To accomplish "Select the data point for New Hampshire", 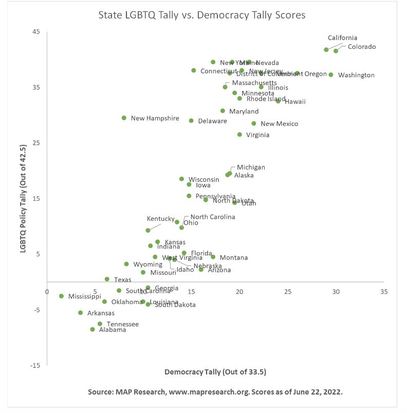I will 124,118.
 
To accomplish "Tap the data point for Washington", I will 331,74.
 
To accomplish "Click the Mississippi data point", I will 61,296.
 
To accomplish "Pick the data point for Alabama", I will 92,329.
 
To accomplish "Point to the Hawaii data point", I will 278,101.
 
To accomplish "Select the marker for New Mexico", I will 254,123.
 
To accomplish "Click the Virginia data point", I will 239,135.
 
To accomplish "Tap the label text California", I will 342,38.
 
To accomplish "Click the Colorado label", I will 362,47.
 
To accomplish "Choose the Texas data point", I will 107,279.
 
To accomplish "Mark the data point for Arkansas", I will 80,312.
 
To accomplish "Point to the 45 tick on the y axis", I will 36,32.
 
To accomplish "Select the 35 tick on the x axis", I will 384,291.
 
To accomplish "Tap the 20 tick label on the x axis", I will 239,291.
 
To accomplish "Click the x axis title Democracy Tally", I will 215,371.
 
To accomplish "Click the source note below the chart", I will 215,391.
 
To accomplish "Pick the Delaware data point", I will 191,121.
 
